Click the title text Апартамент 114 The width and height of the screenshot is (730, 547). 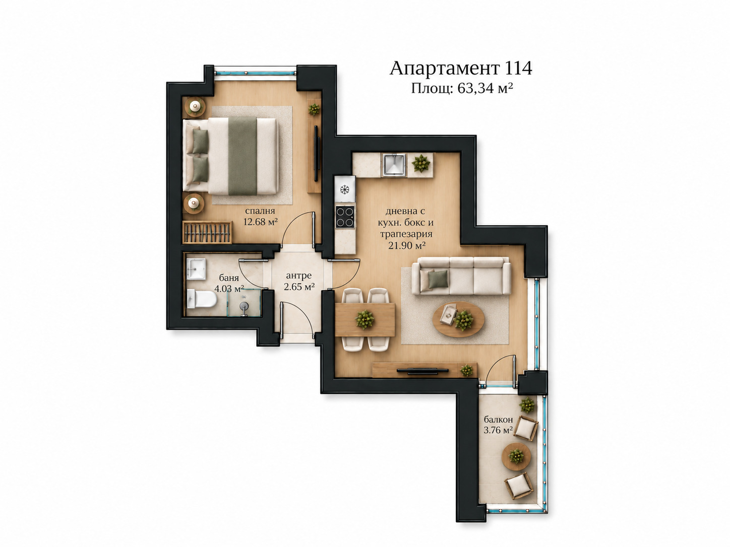461,69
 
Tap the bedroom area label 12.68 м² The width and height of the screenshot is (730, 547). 261,222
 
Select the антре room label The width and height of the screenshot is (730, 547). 299,276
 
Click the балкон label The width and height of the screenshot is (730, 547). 498,419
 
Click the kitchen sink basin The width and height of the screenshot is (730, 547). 394,165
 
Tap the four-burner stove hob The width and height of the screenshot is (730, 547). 345,217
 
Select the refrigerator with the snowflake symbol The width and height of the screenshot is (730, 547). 345,189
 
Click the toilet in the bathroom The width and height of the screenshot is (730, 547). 202,299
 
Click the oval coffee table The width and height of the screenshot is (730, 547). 458,319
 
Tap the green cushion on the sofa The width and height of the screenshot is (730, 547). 438,279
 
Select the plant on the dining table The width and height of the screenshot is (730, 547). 365,319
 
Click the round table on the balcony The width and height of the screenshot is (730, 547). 516,456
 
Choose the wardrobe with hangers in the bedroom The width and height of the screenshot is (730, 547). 207,232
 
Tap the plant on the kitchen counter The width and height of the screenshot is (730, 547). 421,163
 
